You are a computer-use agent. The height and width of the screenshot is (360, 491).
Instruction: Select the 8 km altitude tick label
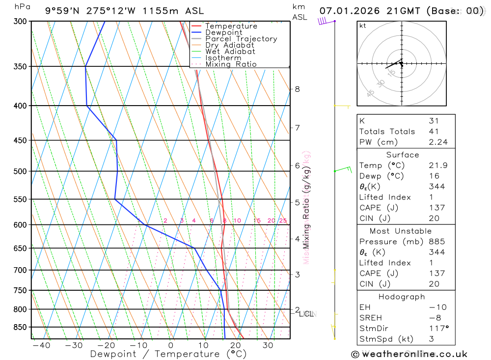click(x=297, y=89)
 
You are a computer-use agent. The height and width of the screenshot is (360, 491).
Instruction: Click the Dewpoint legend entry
click(x=224, y=32)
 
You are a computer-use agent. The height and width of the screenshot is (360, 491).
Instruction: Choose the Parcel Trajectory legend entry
click(x=241, y=39)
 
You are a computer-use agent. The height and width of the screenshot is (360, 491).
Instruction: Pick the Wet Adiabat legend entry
click(x=230, y=52)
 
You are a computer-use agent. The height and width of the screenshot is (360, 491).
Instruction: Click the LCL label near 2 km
click(x=307, y=314)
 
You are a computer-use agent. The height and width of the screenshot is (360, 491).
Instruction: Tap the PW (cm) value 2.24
click(x=437, y=142)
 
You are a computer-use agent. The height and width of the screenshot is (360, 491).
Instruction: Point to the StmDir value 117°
click(x=436, y=328)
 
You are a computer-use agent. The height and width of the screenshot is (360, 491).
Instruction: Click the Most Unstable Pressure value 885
click(x=436, y=242)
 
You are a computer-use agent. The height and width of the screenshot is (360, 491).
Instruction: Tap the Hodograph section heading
click(x=402, y=297)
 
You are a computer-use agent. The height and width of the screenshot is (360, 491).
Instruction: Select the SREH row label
click(x=370, y=318)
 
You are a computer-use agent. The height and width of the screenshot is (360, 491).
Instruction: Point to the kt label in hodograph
click(x=362, y=26)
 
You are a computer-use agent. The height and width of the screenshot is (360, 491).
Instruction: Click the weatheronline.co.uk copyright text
click(x=409, y=354)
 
